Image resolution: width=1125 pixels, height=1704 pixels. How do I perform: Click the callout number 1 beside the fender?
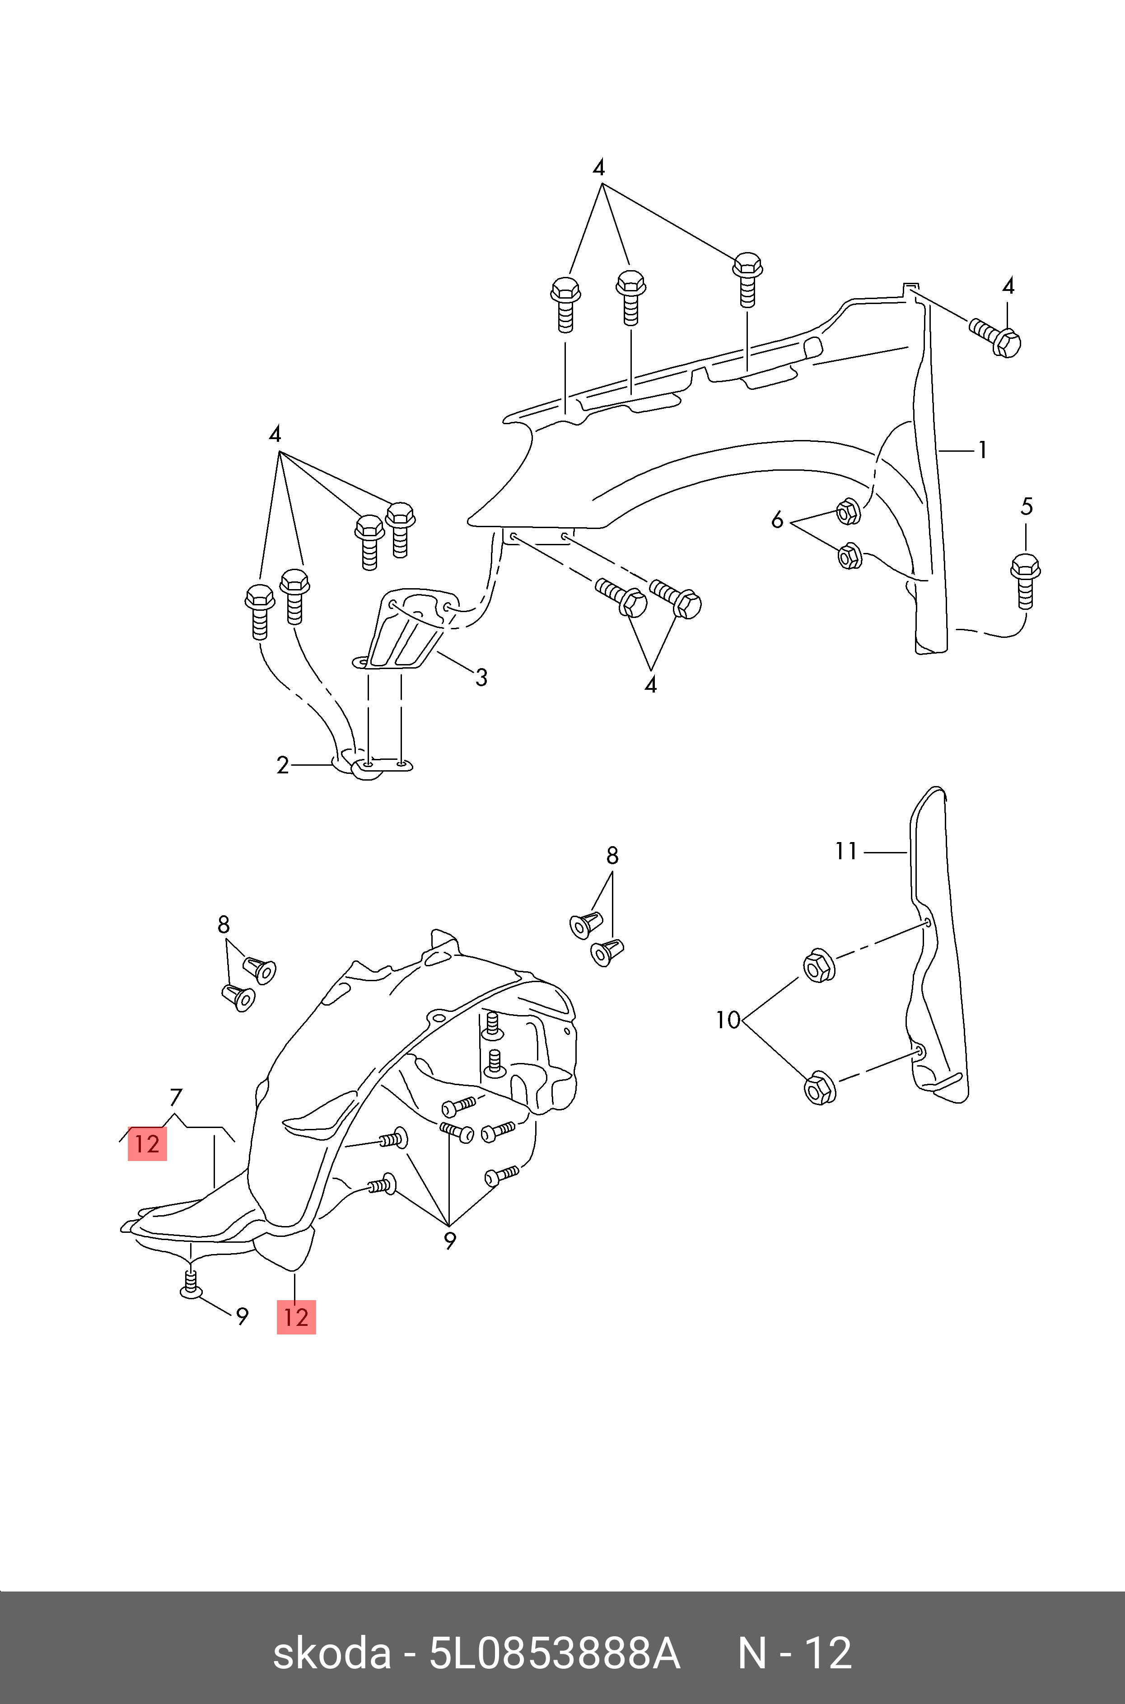point(982,450)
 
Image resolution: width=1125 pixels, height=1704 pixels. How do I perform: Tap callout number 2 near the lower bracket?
point(283,766)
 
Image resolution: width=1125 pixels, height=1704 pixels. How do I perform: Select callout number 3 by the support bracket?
point(481,677)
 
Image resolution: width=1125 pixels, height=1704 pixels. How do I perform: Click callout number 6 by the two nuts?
point(777,520)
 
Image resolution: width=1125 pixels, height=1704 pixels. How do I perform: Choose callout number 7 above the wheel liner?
point(176,1098)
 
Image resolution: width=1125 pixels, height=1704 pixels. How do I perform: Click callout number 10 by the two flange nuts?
point(728,1020)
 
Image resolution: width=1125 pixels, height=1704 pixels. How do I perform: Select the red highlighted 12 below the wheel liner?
point(296,1317)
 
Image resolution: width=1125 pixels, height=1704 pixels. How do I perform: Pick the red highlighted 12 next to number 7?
point(147,1143)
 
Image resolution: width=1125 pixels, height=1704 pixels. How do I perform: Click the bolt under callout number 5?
point(1025,580)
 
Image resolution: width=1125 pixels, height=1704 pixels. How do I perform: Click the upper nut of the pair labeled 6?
point(849,511)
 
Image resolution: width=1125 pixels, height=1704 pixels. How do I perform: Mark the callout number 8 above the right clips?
point(612,855)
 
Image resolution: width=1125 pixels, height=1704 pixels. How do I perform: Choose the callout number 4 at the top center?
point(598,168)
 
